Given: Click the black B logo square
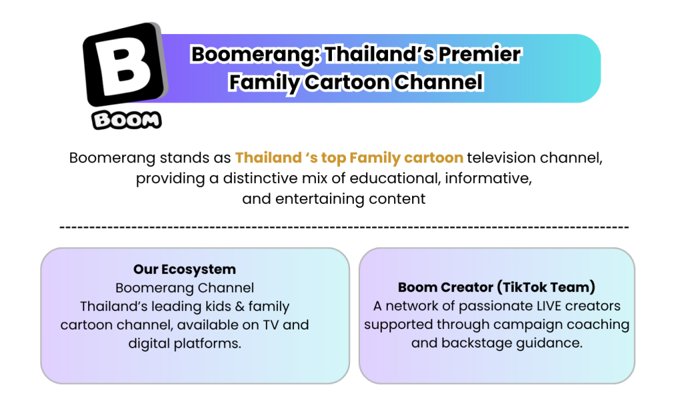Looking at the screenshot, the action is [125, 64].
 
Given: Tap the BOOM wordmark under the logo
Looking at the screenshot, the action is [126, 120].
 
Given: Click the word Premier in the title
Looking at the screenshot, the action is [480, 54].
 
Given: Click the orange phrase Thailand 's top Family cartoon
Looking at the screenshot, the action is [349, 158].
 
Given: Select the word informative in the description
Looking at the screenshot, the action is [488, 178].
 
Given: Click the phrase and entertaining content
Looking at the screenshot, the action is [334, 199].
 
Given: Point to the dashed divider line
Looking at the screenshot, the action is [344, 227].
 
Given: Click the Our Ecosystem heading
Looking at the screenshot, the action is [184, 269].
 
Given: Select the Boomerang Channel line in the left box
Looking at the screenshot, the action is [184, 288].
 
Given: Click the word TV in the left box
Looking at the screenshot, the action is [271, 325].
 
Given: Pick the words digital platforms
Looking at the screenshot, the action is [184, 344].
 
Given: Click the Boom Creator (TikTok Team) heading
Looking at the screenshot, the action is [496, 287].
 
